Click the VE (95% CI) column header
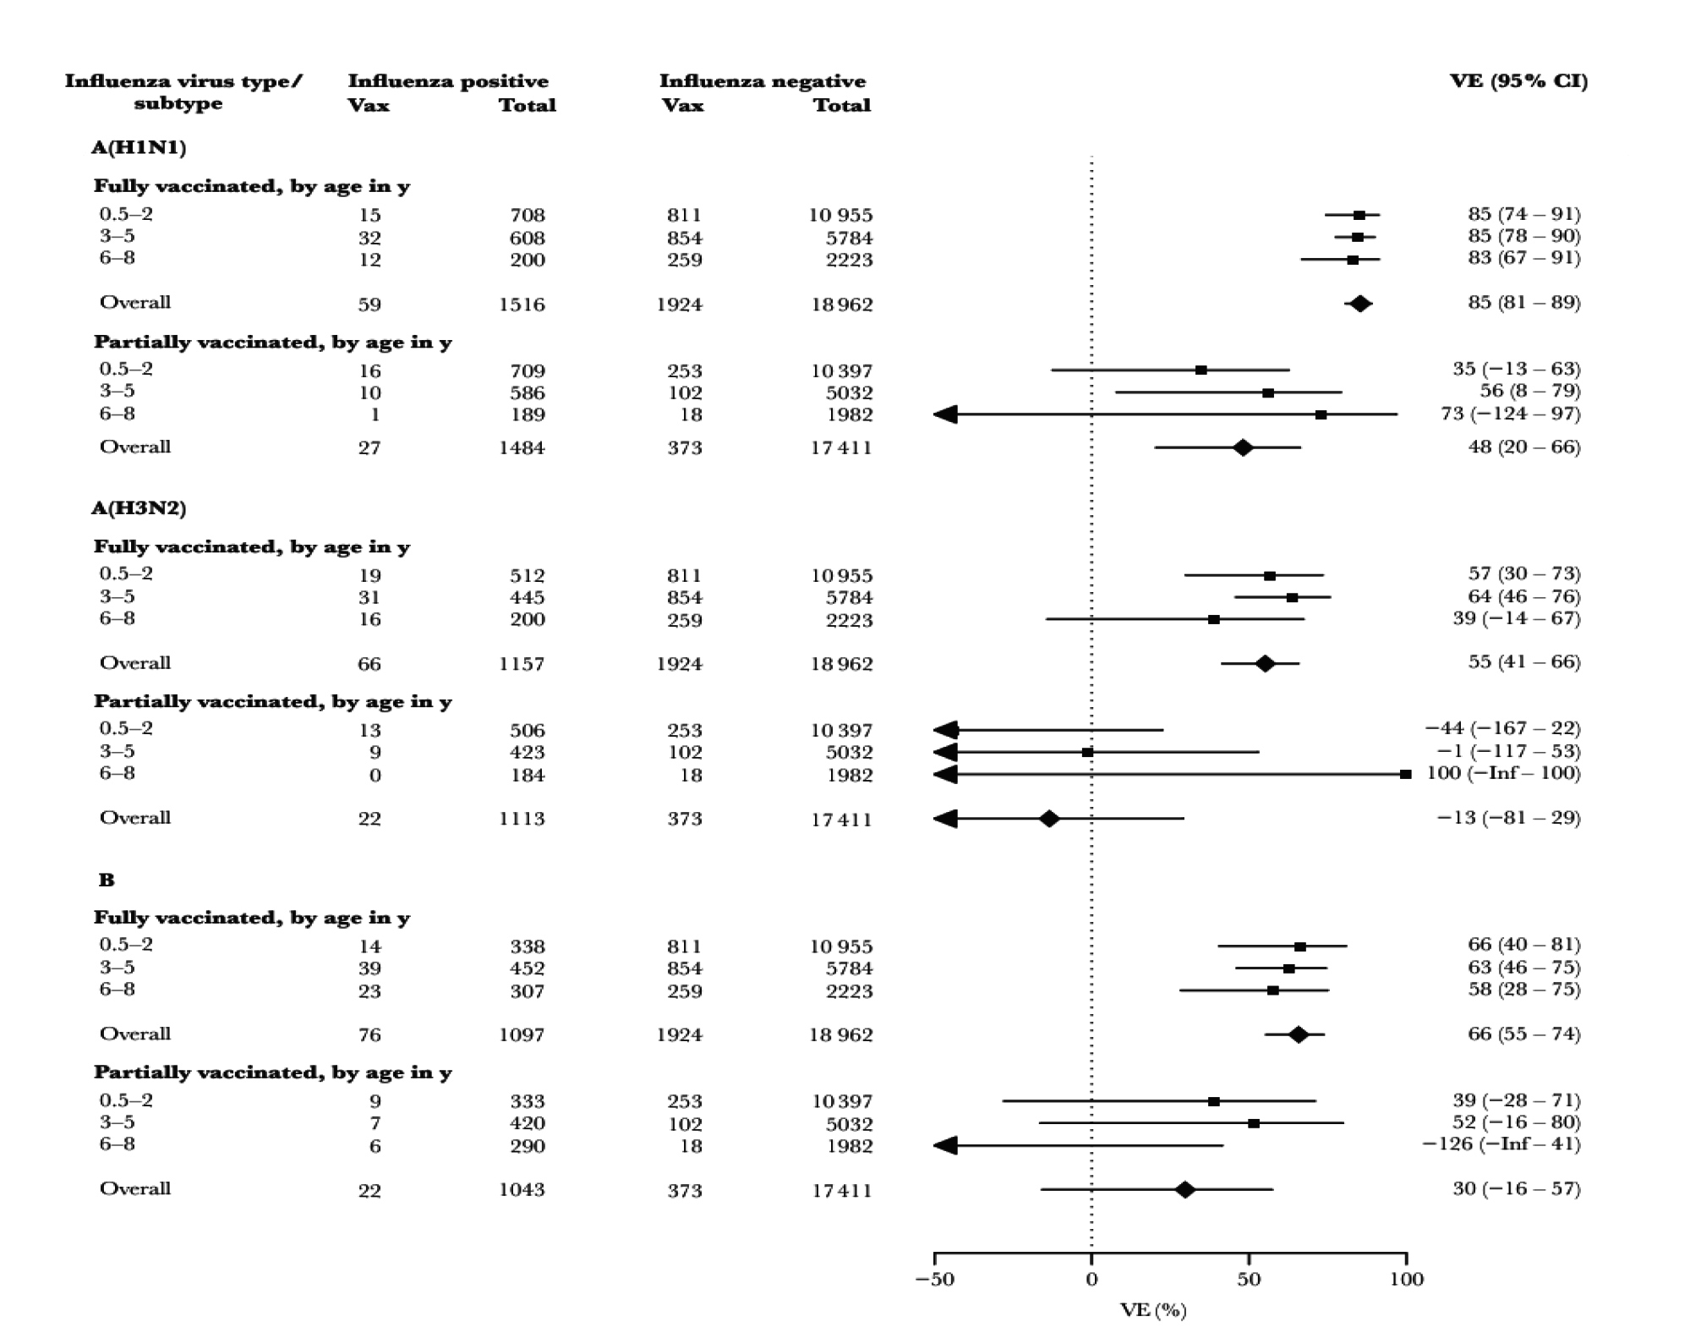click(1518, 81)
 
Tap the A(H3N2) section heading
click(139, 508)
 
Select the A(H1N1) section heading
click(139, 148)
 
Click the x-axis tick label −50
click(934, 1279)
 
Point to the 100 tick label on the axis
click(1407, 1279)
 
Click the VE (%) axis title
click(1153, 1311)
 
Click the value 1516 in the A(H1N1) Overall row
click(522, 304)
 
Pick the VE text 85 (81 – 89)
click(1524, 303)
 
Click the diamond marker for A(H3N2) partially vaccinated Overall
click(1049, 819)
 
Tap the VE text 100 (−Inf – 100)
click(1503, 773)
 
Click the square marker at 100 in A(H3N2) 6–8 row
click(1406, 775)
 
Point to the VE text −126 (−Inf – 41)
click(1501, 1144)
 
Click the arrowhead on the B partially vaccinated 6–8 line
click(945, 1146)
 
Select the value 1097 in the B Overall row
click(522, 1034)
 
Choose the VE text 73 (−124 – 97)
click(1511, 414)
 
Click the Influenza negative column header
click(763, 81)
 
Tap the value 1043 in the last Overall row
click(522, 1190)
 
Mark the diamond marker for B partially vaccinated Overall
click(1185, 1190)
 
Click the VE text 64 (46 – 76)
click(1524, 596)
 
